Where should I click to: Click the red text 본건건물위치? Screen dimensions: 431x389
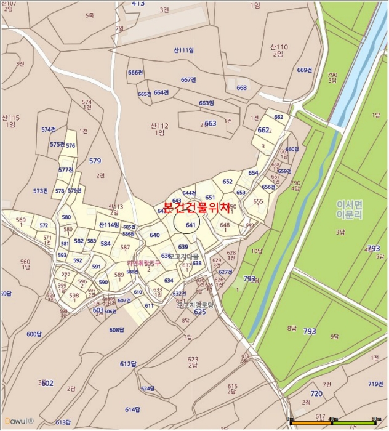pyautogui.click(x=196, y=208)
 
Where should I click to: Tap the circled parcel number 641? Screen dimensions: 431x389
pyautogui.click(x=190, y=225)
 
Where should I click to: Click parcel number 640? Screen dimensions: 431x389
pyautogui.click(x=154, y=235)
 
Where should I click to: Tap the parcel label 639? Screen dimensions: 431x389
pyautogui.click(x=183, y=247)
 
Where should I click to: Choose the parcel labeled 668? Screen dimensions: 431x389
pyautogui.click(x=241, y=87)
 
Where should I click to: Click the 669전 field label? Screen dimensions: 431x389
pyautogui.click(x=305, y=70)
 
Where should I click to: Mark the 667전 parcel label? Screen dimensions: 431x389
pyautogui.click(x=188, y=80)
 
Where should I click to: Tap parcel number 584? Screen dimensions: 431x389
pyautogui.click(x=105, y=244)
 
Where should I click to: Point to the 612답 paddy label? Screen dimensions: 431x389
pyautogui.click(x=127, y=364)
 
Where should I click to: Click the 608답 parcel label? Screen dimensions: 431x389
pyautogui.click(x=117, y=330)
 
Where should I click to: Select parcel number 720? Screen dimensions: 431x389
pyautogui.click(x=316, y=393)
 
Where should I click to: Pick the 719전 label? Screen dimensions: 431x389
pyautogui.click(x=375, y=384)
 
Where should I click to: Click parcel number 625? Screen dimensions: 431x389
pyautogui.click(x=199, y=312)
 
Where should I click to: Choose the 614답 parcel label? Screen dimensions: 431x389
pyautogui.click(x=133, y=409)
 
